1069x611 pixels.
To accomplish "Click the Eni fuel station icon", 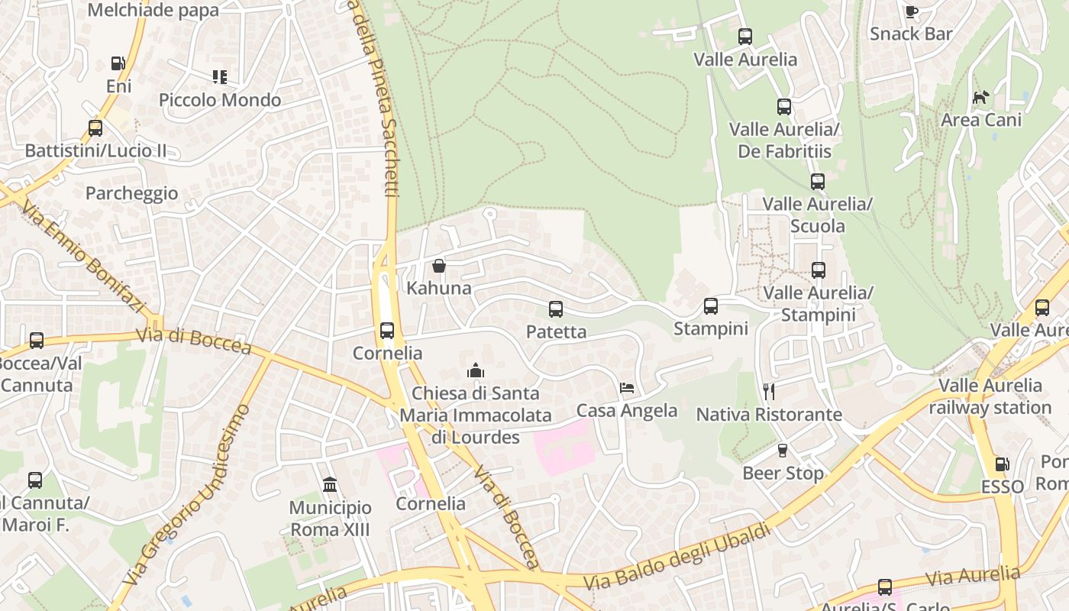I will pyautogui.click(x=118, y=63).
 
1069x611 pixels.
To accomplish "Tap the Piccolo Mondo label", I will pyautogui.click(x=220, y=100).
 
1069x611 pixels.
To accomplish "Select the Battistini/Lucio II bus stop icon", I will pyautogui.click(x=95, y=128).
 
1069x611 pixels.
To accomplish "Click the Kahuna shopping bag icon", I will pyautogui.click(x=439, y=266).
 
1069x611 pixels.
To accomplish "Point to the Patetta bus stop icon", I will pyautogui.click(x=556, y=309).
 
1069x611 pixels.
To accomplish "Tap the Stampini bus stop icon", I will pyautogui.click(x=711, y=306).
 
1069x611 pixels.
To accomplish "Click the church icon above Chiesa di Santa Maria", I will pyautogui.click(x=476, y=371).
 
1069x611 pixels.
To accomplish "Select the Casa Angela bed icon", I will pyautogui.click(x=627, y=388).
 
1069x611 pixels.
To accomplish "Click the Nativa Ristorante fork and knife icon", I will pyautogui.click(x=769, y=392).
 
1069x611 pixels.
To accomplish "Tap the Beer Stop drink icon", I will pyautogui.click(x=783, y=451).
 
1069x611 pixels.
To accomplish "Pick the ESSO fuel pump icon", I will pyautogui.click(x=1002, y=464).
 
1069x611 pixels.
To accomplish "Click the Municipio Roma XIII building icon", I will pyautogui.click(x=330, y=485).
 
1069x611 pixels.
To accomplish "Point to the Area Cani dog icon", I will pyautogui.click(x=981, y=97).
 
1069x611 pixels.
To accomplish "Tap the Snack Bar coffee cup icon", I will pyautogui.click(x=911, y=11).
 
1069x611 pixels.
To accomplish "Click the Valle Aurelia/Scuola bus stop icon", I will pyautogui.click(x=818, y=182).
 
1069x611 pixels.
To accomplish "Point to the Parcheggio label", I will pyautogui.click(x=131, y=193).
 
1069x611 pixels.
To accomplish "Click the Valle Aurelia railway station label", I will pyautogui.click(x=990, y=396).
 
